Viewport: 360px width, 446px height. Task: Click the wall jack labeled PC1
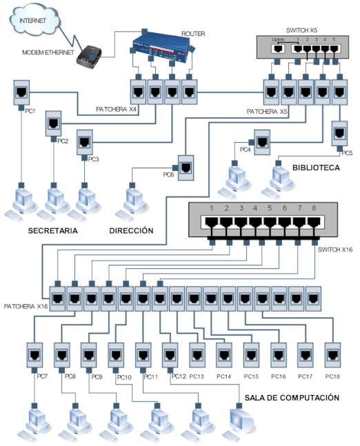coord(20,92)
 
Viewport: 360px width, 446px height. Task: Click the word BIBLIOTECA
coord(316,167)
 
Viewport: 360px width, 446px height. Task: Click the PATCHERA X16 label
coord(26,305)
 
